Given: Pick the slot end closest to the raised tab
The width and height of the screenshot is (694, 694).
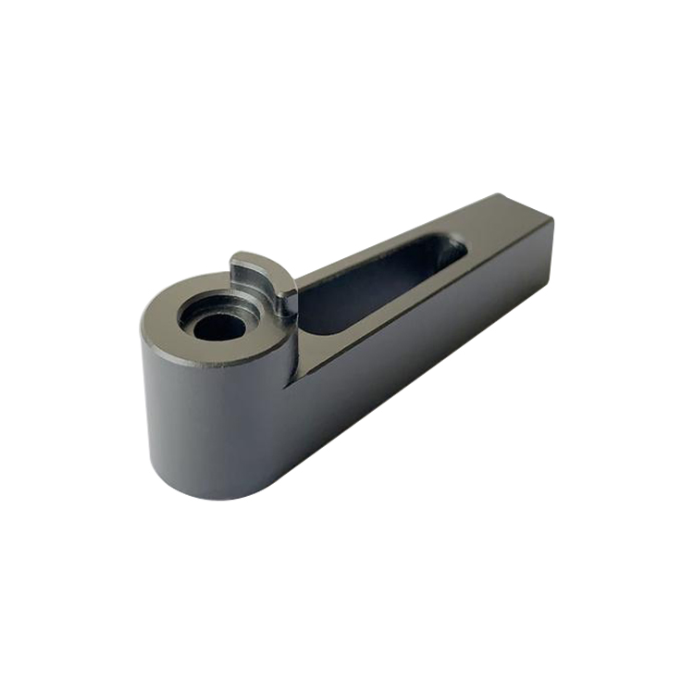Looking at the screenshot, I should click(x=310, y=315).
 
